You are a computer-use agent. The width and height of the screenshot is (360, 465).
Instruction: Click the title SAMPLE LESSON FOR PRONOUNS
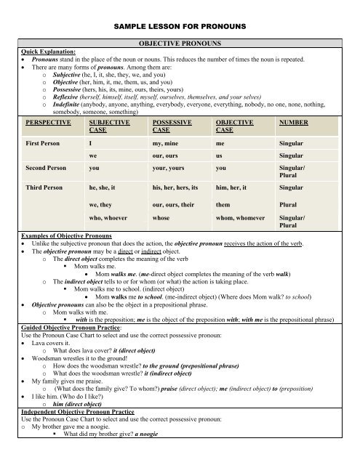click(180, 27)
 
